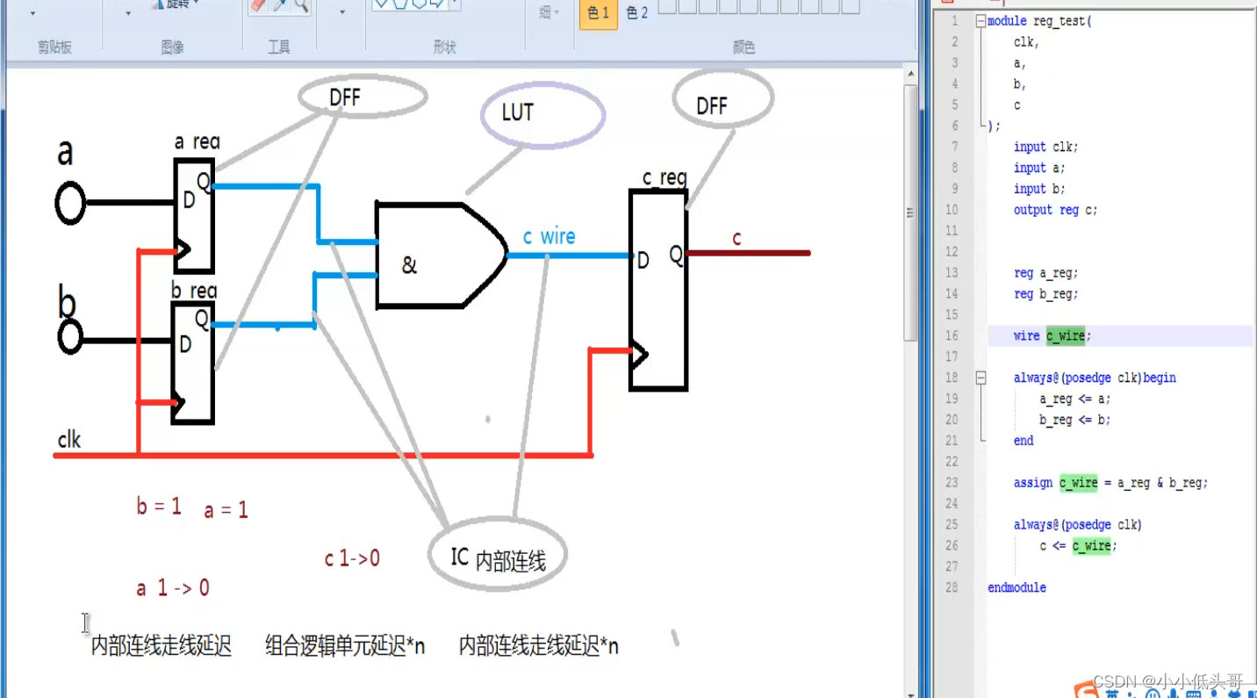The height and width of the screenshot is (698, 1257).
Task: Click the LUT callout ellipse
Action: [542, 114]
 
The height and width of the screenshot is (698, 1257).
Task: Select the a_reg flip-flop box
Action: [194, 216]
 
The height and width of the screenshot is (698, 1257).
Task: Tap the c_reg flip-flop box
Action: [658, 290]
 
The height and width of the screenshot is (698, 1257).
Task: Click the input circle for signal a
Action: [70, 204]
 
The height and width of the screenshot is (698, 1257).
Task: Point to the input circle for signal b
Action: [69, 337]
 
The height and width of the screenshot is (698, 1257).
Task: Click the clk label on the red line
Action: [69, 439]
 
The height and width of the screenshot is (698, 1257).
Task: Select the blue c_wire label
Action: [549, 237]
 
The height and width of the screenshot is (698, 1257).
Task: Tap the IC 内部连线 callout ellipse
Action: [498, 556]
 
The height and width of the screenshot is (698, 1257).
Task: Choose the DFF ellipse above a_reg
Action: [362, 96]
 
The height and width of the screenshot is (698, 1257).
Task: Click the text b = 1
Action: [159, 506]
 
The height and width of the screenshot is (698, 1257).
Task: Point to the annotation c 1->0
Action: [352, 558]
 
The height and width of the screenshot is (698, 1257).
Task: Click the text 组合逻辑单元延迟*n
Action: [345, 647]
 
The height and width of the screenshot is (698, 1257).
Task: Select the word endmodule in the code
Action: [1016, 587]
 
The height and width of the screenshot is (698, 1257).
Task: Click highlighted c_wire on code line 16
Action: [1066, 335]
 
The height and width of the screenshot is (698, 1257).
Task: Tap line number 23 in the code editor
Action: [952, 482]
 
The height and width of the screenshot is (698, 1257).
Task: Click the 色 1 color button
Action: [599, 13]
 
